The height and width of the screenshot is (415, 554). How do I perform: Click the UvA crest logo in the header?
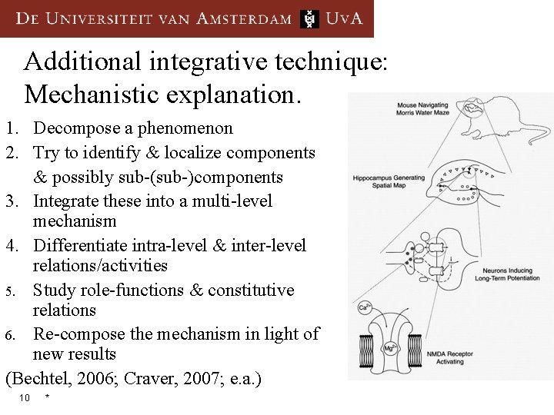(x=309, y=19)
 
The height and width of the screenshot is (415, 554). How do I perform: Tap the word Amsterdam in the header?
(x=244, y=19)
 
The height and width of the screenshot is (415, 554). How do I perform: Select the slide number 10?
(x=25, y=397)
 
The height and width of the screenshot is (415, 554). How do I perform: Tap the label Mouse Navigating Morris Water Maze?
(x=422, y=109)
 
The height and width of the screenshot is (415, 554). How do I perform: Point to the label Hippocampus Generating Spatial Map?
(x=389, y=182)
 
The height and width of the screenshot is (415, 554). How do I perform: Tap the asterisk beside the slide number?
(x=48, y=397)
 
